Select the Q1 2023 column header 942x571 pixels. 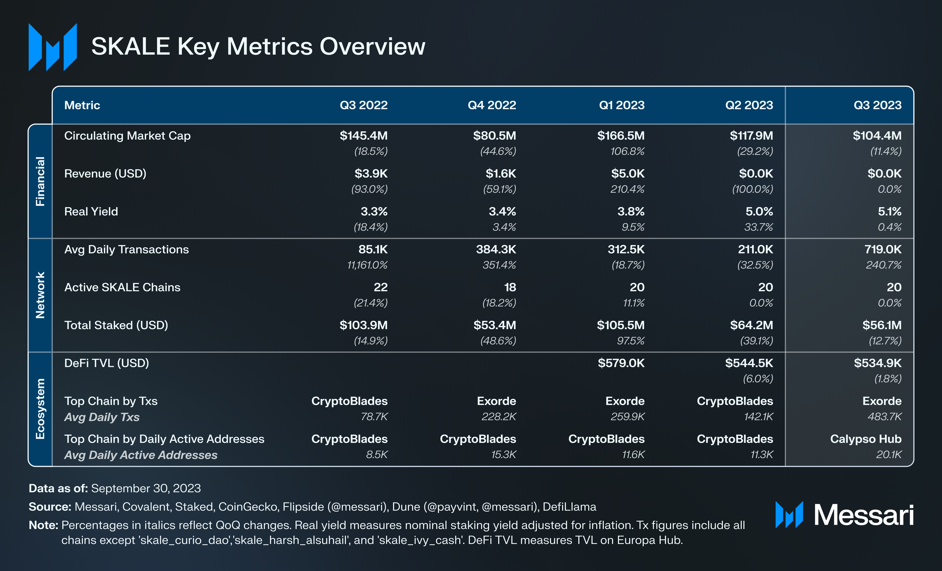[x=621, y=105]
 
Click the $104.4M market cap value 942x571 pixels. [x=877, y=135]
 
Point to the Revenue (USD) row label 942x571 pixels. [x=105, y=173]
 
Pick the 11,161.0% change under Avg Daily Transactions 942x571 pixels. [x=367, y=265]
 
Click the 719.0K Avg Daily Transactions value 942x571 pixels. [x=883, y=249]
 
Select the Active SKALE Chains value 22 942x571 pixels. [x=381, y=287]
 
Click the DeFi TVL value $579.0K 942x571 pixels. [x=621, y=363]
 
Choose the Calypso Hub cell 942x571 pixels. [x=866, y=439]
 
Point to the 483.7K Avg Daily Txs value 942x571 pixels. [x=884, y=416]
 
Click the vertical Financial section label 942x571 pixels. [x=40, y=181]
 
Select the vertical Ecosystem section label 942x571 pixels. [x=40, y=409]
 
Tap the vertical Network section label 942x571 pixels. [x=40, y=295]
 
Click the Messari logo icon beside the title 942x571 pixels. [x=53, y=47]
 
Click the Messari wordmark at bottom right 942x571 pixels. [x=863, y=515]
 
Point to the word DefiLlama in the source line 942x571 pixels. [x=569, y=507]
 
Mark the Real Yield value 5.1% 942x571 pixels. [x=889, y=211]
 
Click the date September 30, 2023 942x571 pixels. [x=146, y=488]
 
